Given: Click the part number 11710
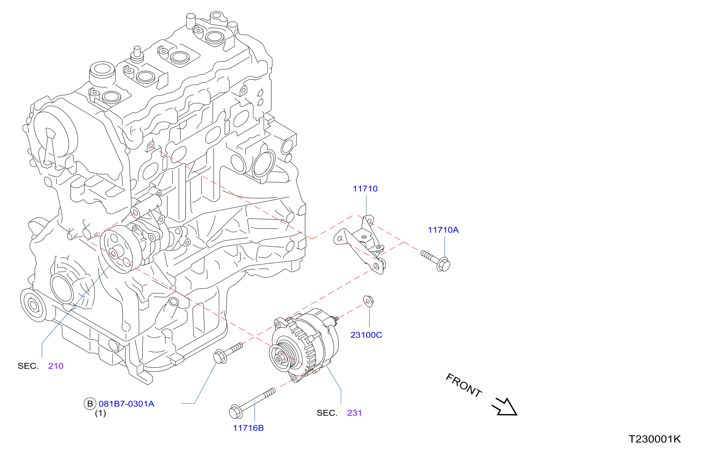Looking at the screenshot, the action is [365, 189].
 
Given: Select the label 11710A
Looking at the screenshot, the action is [443, 230].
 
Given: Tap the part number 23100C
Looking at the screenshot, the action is [366, 335].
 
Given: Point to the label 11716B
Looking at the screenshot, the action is [248, 428].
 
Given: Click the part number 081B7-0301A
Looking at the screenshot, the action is [127, 404].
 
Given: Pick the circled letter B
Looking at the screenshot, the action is [90, 404].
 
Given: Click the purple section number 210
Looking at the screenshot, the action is [56, 366].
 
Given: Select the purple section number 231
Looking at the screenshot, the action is [354, 413].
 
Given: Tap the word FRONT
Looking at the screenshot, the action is [464, 385].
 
